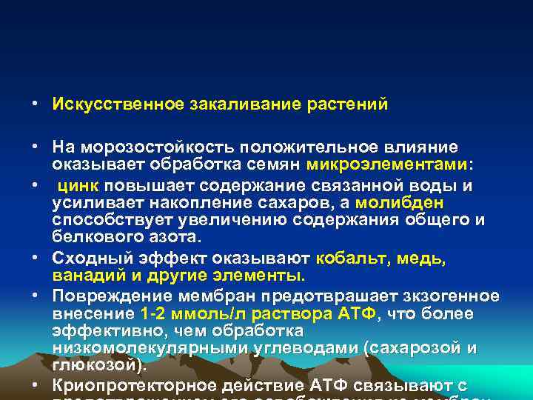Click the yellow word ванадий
pos(84,276)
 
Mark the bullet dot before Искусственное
pos(36,104)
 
